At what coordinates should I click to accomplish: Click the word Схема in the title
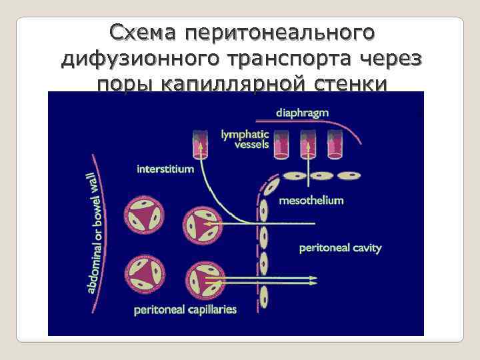(144, 33)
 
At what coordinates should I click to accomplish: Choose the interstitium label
(165, 169)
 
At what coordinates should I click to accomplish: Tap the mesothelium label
(311, 200)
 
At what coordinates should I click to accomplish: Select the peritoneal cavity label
(340, 248)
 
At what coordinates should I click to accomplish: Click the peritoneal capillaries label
(185, 309)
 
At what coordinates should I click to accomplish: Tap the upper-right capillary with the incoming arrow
(201, 225)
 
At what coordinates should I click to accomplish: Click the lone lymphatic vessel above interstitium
(199, 145)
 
